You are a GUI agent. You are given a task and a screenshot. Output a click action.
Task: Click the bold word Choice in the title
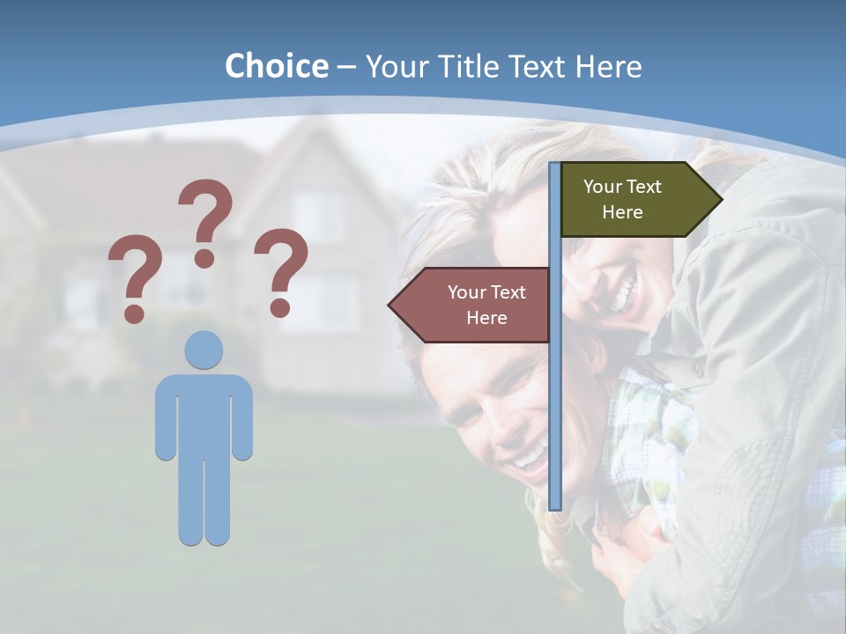click(x=276, y=66)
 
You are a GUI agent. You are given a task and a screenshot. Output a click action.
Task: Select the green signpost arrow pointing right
click(x=634, y=199)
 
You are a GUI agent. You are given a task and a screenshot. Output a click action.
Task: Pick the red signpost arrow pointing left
click(x=476, y=305)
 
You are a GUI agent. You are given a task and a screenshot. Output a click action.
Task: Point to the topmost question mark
click(x=206, y=220)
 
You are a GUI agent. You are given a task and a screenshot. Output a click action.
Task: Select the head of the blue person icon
click(x=204, y=350)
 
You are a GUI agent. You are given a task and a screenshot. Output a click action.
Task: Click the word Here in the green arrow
click(x=622, y=212)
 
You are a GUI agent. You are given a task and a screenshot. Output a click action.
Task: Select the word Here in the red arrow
click(x=486, y=318)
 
